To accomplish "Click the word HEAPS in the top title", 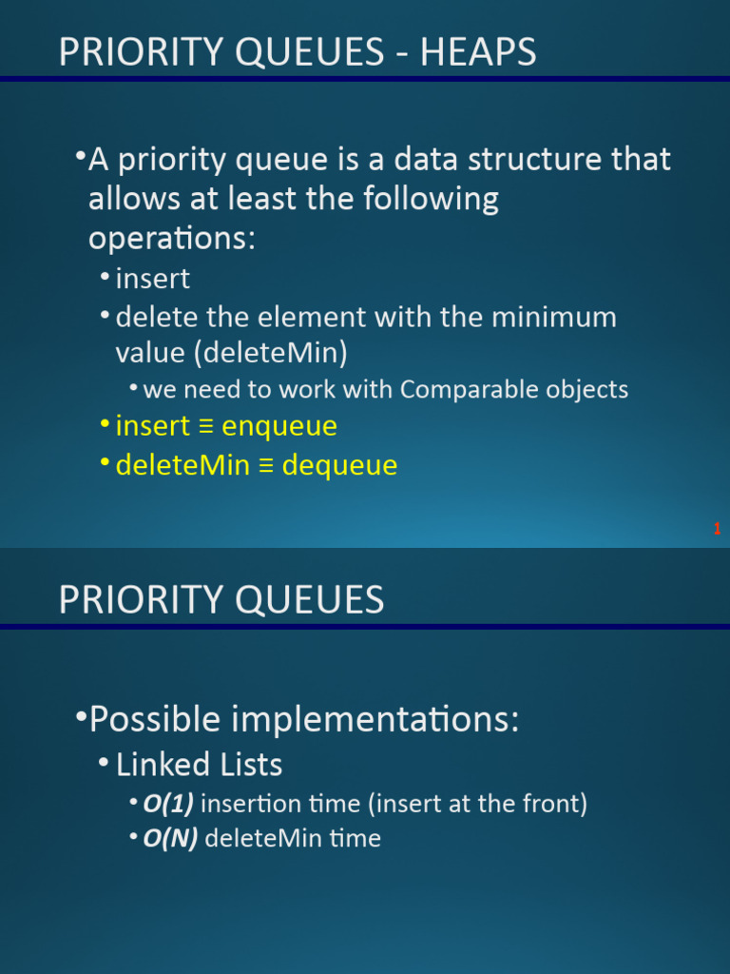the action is pos(478,51).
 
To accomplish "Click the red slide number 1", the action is pos(717,529).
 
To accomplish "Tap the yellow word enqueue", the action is pos(279,426).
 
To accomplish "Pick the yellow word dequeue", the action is pos(339,465).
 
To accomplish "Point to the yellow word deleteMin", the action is pos(182,464).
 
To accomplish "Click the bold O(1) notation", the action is pos(168,804).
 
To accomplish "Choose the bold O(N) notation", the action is pos(171,839).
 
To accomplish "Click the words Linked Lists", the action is pos(200,765).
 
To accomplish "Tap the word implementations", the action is pos(375,720).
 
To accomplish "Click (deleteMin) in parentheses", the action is pos(271,354).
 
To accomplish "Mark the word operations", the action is pos(172,239).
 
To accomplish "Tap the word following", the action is pos(431,200).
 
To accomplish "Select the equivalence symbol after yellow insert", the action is pos(205,427).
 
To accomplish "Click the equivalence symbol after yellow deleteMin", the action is pos(266,466).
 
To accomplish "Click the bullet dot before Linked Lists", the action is pos(105,761).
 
